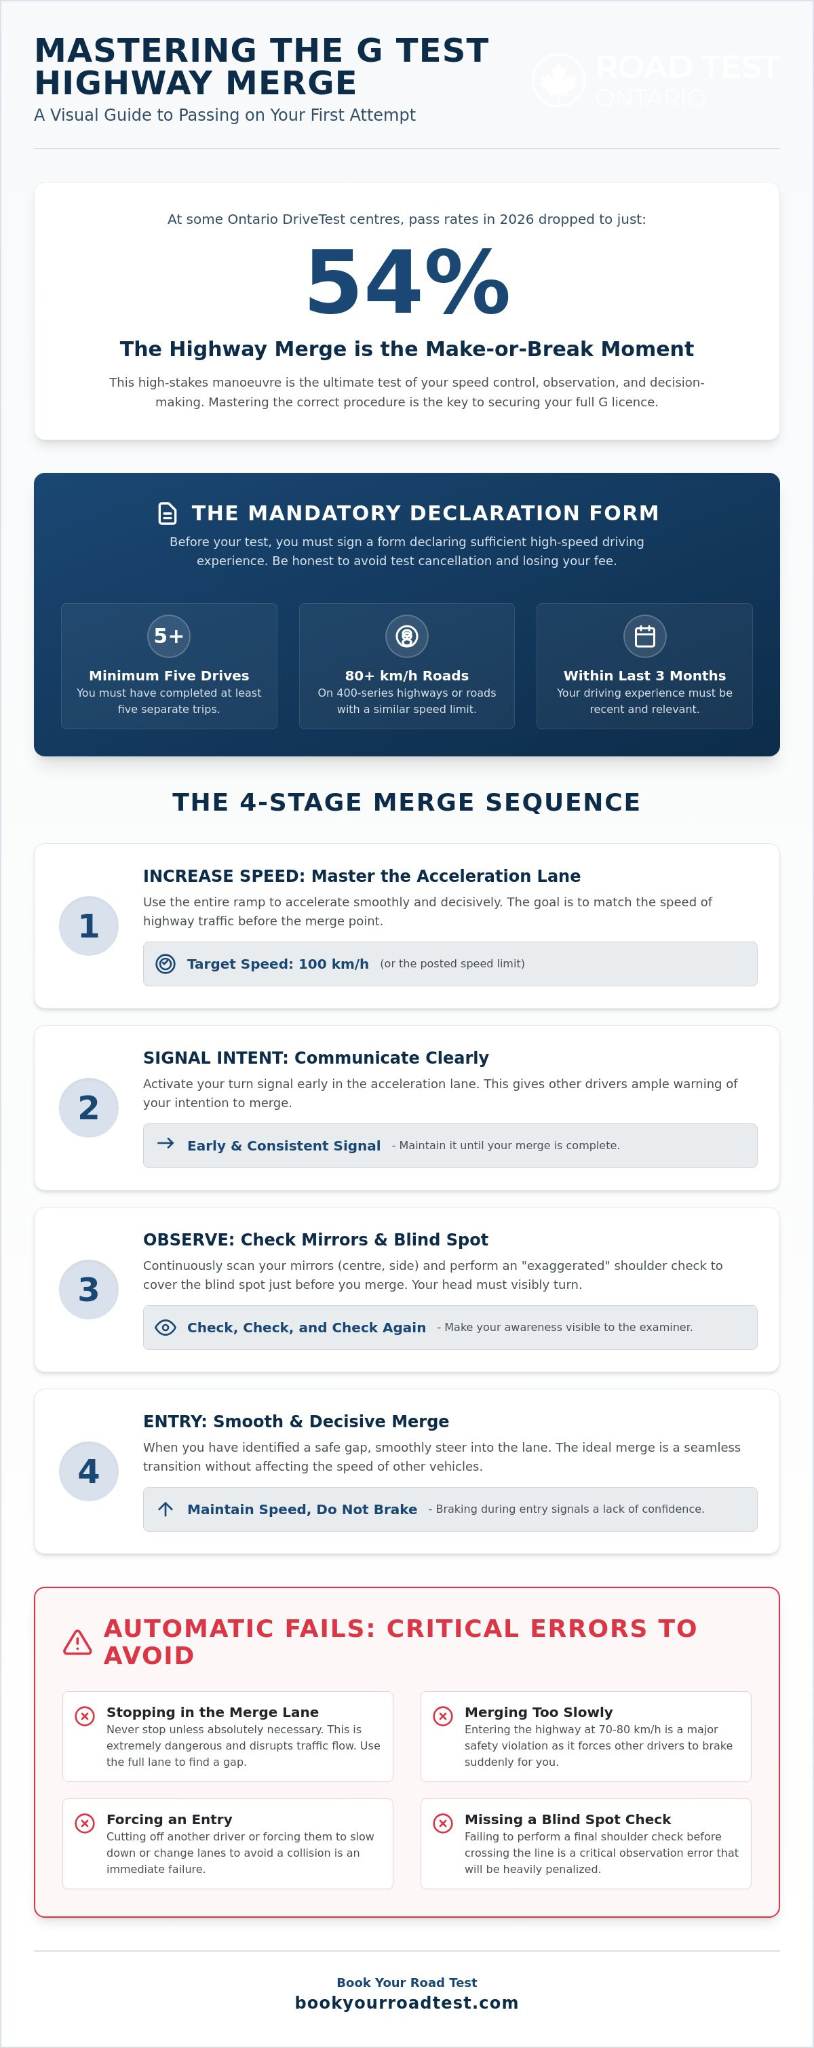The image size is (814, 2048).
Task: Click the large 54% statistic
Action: click(407, 282)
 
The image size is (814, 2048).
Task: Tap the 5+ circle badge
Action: click(168, 636)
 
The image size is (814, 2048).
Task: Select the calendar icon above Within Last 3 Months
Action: click(644, 636)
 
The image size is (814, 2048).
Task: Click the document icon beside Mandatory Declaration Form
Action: click(168, 513)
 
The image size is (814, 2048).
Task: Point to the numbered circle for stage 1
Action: click(89, 925)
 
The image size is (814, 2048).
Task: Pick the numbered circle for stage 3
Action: click(89, 1290)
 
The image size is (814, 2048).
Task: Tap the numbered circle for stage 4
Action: click(89, 1471)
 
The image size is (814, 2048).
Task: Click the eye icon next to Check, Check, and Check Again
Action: click(166, 1327)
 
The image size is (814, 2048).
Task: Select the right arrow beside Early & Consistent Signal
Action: click(166, 1143)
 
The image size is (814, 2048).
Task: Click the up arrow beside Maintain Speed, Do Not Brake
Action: click(166, 1509)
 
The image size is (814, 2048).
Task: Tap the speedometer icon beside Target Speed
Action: click(166, 963)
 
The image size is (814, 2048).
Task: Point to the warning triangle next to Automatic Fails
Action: click(77, 1642)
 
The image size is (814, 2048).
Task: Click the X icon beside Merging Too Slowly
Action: click(443, 1716)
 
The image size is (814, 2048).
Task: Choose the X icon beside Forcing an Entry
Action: click(84, 1823)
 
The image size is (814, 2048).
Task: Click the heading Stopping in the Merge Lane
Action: click(212, 1712)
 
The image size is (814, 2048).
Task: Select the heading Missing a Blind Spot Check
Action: click(568, 1819)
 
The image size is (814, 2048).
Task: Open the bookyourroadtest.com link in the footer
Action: click(407, 2003)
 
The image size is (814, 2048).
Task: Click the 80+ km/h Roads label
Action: click(407, 676)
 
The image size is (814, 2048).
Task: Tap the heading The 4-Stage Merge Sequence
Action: click(407, 803)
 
